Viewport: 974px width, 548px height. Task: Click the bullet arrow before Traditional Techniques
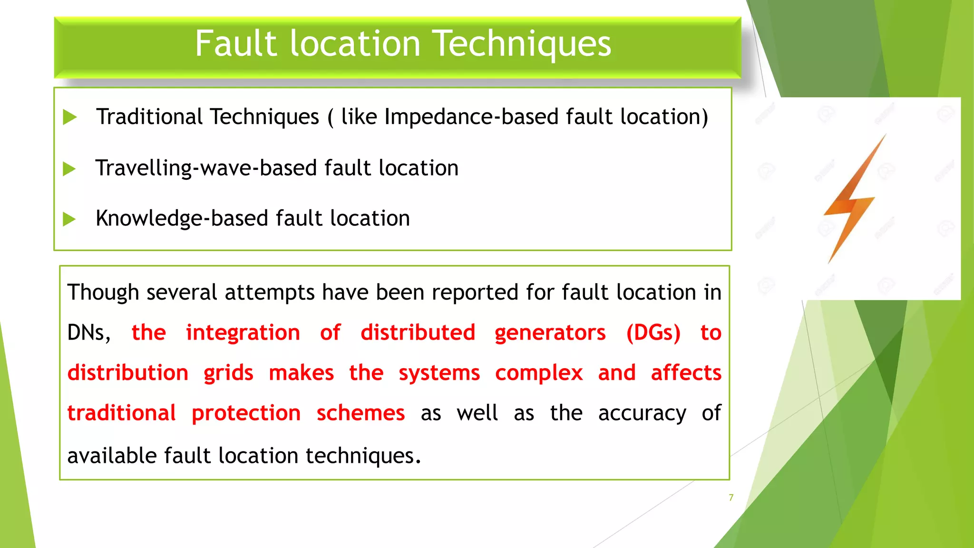coord(70,117)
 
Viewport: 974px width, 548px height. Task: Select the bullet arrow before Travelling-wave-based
coord(69,169)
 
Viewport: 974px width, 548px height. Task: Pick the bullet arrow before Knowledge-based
coord(69,219)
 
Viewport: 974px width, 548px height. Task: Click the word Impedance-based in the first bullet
coord(471,117)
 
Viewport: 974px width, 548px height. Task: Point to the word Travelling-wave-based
coord(206,168)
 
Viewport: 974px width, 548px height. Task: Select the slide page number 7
coord(731,498)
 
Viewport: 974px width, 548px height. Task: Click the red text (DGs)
coord(653,333)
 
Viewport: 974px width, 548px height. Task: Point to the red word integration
coord(243,333)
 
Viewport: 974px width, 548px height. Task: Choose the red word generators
coord(550,333)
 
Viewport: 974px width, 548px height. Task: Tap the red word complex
coord(538,373)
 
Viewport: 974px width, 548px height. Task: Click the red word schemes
coord(360,413)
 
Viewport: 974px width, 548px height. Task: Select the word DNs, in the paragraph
coord(89,333)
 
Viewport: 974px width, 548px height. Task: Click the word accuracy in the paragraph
coord(642,413)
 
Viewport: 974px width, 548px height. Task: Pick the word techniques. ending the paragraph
coord(363,456)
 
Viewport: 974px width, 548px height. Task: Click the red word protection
coord(246,413)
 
